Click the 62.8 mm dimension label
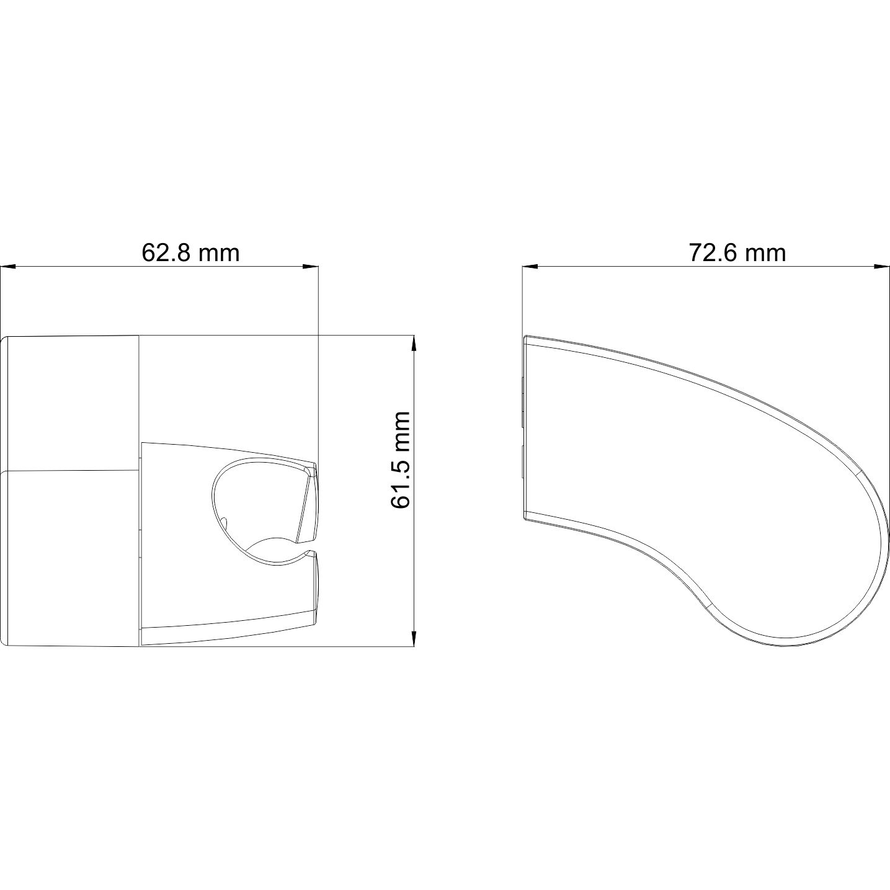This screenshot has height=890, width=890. click(190, 253)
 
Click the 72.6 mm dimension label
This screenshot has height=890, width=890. click(737, 253)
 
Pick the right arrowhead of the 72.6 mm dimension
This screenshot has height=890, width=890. click(881, 266)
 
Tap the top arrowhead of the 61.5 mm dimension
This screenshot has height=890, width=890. click(414, 344)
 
